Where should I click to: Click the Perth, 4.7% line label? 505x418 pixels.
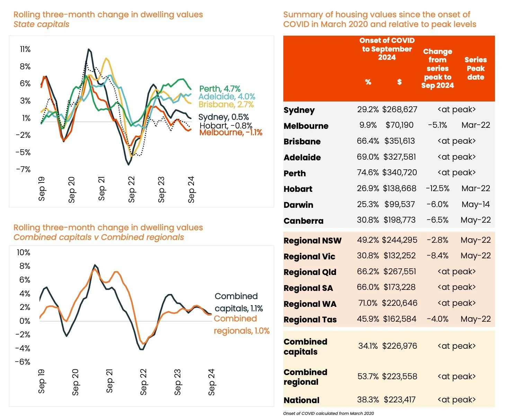pyautogui.click(x=220, y=89)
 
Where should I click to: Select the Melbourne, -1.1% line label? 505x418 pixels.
pyautogui.click(x=231, y=132)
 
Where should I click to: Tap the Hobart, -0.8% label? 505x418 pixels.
pyautogui.click(x=226, y=125)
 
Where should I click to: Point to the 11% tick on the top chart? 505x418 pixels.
pyautogui.click(x=25, y=49)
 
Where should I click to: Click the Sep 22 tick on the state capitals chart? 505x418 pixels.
pyautogui.click(x=132, y=189)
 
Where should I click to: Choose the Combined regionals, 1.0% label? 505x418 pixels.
pyautogui.click(x=241, y=324)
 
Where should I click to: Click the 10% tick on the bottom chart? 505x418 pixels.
pyautogui.click(x=24, y=252)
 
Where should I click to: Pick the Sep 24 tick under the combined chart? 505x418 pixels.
pyautogui.click(x=212, y=382)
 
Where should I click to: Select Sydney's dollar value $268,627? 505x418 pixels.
pyautogui.click(x=400, y=109)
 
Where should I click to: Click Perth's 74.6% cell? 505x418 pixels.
pyautogui.click(x=368, y=172)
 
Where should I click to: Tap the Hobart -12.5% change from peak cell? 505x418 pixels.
pyautogui.click(x=437, y=188)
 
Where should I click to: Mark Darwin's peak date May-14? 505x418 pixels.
pyautogui.click(x=476, y=204)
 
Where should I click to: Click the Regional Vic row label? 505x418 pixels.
pyautogui.click(x=309, y=257)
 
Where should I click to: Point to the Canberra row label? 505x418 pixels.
pyautogui.click(x=303, y=221)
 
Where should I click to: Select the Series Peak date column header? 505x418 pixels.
pyautogui.click(x=476, y=68)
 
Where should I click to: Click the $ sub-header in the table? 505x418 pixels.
pyautogui.click(x=399, y=82)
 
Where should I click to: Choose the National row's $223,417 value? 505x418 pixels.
pyautogui.click(x=400, y=400)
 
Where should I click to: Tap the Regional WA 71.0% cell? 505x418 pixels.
pyautogui.click(x=368, y=303)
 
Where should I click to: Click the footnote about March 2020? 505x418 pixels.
pyautogui.click(x=328, y=413)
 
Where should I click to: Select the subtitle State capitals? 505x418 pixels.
pyautogui.click(x=41, y=24)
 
